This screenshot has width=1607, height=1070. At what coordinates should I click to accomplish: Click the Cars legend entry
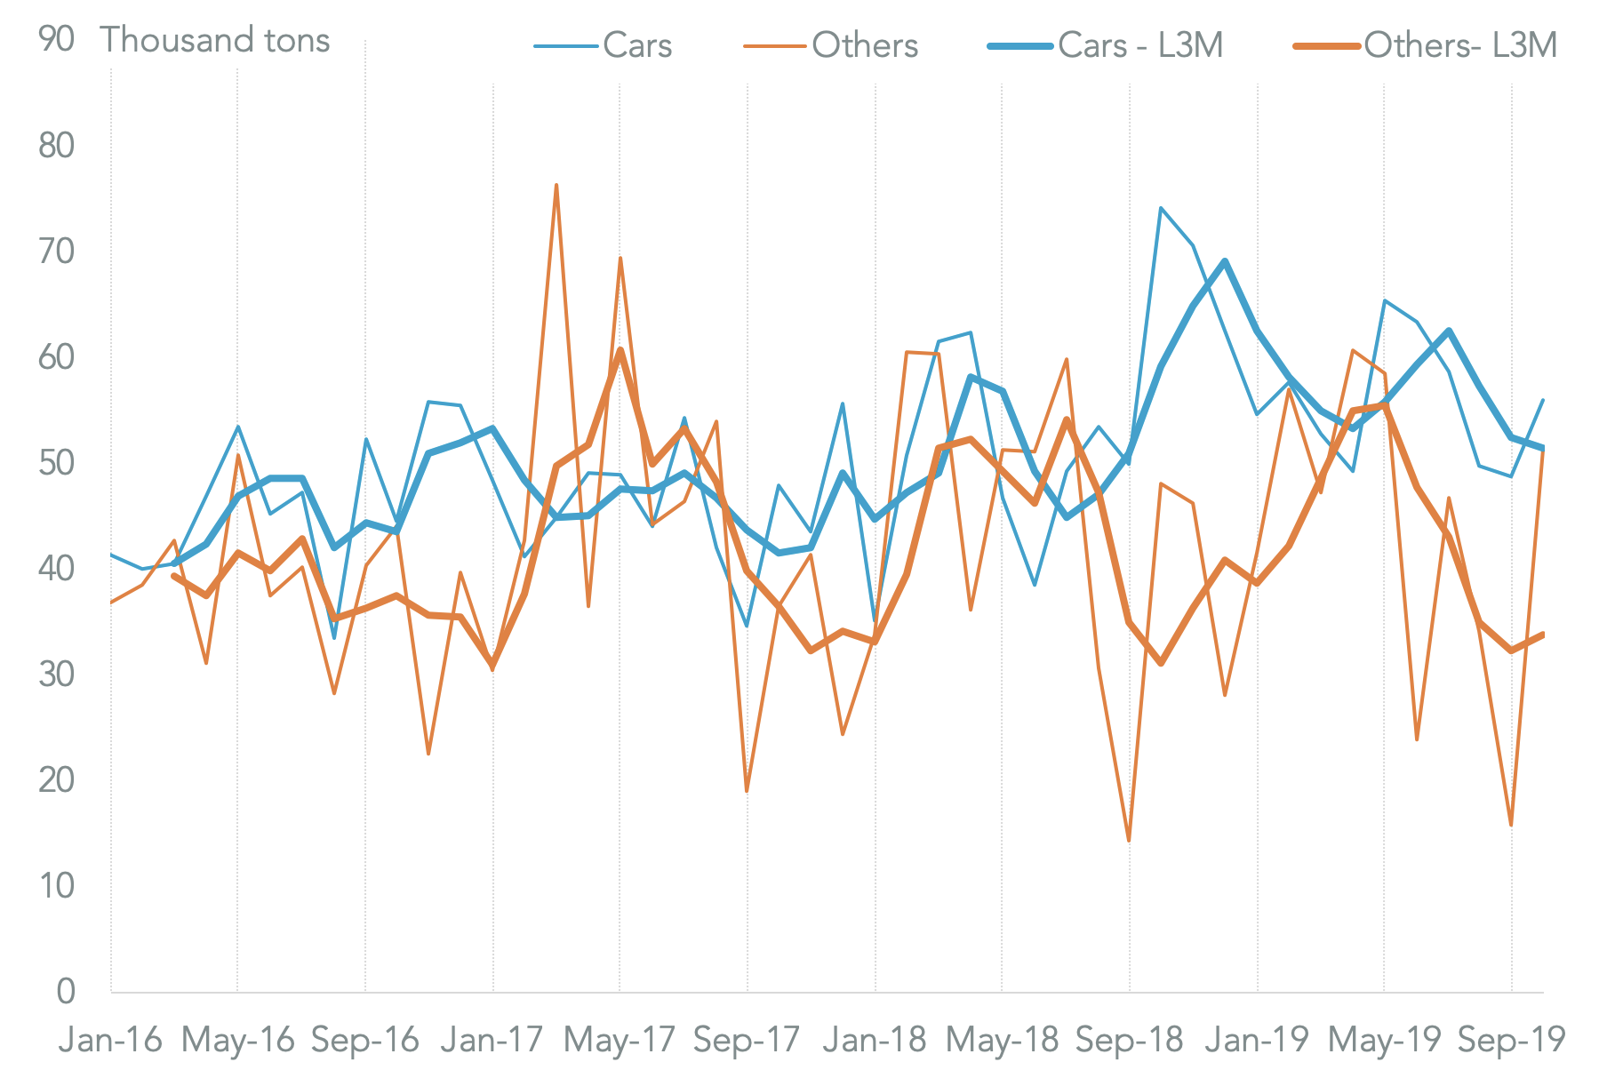click(604, 45)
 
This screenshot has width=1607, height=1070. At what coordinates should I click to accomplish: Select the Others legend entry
click(831, 45)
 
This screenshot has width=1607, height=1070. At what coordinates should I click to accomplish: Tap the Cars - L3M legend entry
click(1106, 45)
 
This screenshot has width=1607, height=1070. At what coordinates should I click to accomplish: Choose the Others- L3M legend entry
click(1427, 45)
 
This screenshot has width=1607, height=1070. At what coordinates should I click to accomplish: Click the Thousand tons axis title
click(214, 40)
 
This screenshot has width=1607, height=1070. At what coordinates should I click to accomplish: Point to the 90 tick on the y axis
click(57, 40)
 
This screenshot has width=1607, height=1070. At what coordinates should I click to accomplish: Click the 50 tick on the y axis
click(57, 463)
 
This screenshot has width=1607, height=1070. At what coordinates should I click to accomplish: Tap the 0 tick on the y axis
click(66, 991)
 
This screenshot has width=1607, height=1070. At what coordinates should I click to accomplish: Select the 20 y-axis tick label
click(57, 779)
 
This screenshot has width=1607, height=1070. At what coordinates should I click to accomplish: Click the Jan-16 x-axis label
click(110, 1039)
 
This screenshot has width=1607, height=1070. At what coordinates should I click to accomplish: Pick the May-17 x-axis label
click(620, 1039)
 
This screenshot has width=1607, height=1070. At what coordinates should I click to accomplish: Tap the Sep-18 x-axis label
click(1129, 1039)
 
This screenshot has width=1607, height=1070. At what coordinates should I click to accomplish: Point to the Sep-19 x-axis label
click(1511, 1039)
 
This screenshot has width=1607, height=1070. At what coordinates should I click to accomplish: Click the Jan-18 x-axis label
click(875, 1039)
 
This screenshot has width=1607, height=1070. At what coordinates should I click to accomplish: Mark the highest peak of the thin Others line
click(556, 185)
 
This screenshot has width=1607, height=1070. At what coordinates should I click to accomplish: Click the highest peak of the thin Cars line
click(1161, 208)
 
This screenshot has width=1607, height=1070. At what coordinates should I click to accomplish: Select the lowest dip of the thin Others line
click(1129, 841)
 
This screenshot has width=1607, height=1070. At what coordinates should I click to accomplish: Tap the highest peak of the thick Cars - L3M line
click(1225, 261)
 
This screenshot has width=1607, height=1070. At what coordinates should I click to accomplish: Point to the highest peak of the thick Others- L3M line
click(620, 349)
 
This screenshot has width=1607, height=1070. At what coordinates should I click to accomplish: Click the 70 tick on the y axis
click(57, 252)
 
